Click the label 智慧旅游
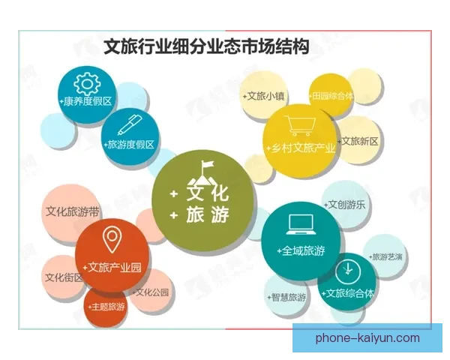click(x=286, y=297)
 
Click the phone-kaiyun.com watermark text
click(x=368, y=338)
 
